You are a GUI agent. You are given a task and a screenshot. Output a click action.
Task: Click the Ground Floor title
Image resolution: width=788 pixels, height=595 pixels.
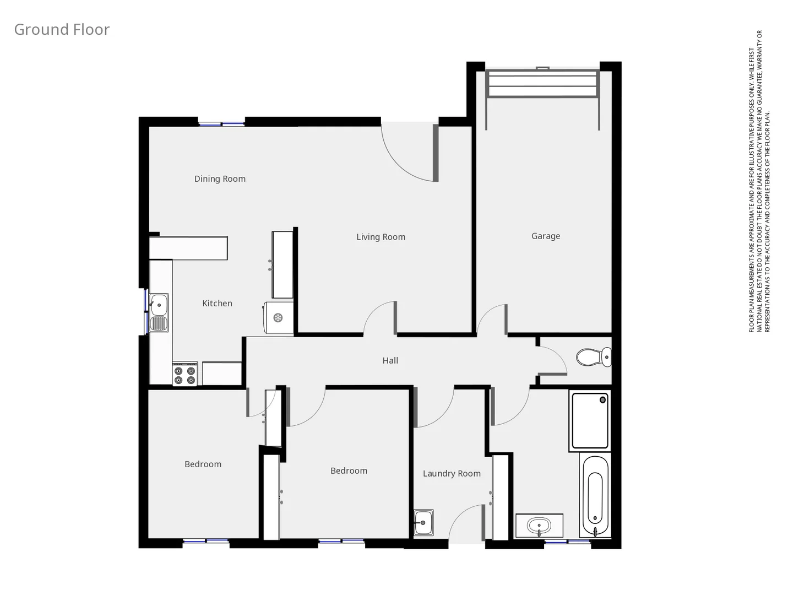click(62, 30)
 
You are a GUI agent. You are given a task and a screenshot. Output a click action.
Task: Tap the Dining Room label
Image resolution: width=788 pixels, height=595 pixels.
click(220, 179)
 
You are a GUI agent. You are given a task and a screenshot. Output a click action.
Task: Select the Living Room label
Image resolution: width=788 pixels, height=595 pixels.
click(381, 237)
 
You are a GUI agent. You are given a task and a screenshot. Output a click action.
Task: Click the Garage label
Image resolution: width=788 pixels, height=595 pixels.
click(545, 236)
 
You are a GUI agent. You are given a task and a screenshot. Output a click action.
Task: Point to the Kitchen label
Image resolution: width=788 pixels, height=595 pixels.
click(217, 304)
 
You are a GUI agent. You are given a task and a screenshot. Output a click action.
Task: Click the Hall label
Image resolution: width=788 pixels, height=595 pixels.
click(390, 361)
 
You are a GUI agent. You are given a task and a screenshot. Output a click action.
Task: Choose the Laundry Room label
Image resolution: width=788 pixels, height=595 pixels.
click(451, 474)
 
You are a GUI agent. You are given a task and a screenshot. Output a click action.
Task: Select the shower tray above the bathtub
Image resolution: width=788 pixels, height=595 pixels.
click(590, 420)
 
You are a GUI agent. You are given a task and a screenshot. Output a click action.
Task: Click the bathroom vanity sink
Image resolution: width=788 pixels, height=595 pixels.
click(539, 526)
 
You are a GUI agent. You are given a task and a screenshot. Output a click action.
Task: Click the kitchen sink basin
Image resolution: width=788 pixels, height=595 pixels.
click(159, 304)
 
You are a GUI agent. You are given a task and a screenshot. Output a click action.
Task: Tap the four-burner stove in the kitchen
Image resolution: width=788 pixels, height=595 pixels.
click(184, 375)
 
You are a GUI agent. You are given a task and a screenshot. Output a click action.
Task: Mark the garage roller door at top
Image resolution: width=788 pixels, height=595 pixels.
click(542, 84)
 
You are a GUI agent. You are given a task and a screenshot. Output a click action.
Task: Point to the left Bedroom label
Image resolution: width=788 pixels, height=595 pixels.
click(203, 464)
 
